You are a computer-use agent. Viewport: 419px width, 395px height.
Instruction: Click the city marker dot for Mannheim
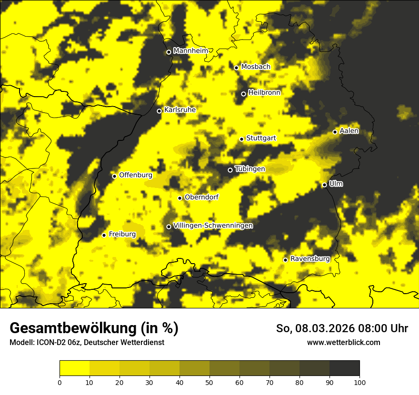point(169,52)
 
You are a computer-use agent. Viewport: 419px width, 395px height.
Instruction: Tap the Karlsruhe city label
point(180,110)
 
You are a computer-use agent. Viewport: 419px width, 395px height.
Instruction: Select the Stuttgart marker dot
point(241,139)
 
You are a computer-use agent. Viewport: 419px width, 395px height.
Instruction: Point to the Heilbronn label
point(264,93)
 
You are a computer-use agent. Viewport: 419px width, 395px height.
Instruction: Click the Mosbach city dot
point(236,68)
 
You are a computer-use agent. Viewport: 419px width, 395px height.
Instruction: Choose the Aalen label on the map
point(349,131)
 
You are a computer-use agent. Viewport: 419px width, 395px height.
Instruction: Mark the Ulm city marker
point(324,185)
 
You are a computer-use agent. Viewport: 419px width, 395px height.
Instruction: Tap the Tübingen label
point(250,169)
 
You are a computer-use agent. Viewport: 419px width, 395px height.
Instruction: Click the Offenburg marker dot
point(114,176)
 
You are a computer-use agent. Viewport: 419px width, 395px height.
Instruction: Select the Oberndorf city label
point(201,197)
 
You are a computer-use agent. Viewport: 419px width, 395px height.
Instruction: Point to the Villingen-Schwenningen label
point(213,226)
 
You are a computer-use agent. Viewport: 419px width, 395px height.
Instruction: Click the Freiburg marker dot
point(104,235)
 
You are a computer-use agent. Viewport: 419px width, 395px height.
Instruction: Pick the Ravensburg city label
point(310,259)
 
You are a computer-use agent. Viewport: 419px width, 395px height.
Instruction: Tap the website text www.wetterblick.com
point(343,342)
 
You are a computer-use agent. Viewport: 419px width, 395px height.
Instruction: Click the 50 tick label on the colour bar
point(209,382)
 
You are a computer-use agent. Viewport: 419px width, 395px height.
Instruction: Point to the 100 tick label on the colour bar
point(359,382)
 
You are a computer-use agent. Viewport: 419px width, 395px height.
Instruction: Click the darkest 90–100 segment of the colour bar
point(344,368)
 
